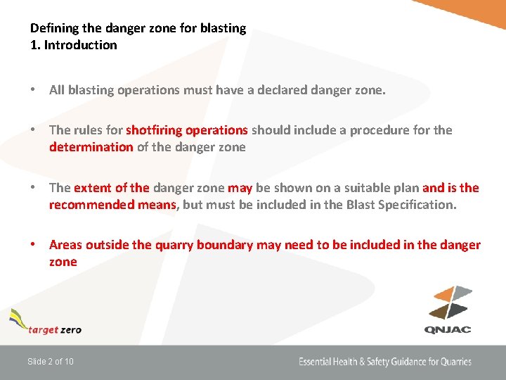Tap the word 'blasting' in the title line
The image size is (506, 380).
click(223, 28)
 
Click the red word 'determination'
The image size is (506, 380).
click(91, 147)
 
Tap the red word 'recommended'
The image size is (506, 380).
click(90, 205)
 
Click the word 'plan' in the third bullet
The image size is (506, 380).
click(406, 188)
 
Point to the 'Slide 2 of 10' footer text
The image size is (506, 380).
click(51, 362)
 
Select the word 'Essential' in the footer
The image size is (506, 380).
click(318, 362)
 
